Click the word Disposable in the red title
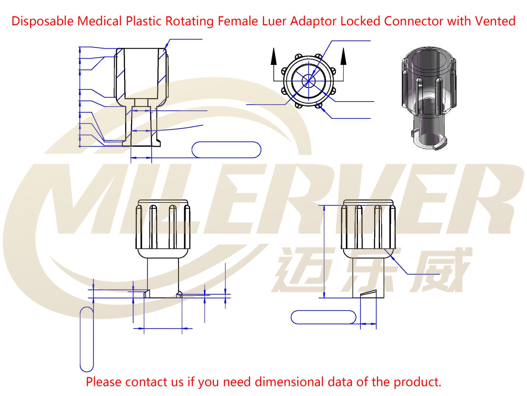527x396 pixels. point(43,21)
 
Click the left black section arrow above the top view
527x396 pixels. point(273,57)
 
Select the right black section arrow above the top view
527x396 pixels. point(343,57)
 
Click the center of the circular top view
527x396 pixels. point(309,81)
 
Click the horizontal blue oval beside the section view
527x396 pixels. point(226,150)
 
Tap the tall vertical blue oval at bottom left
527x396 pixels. point(87,339)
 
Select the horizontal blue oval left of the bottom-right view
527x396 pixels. point(323,317)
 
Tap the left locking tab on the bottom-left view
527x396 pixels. point(147,294)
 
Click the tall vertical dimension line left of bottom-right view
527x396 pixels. point(324,252)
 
